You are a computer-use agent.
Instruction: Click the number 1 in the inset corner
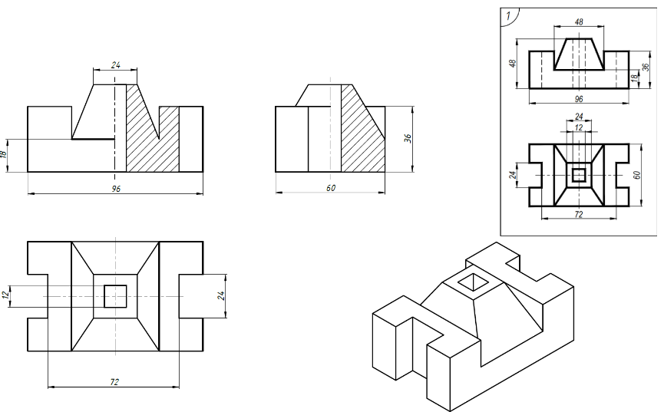[x=509, y=16]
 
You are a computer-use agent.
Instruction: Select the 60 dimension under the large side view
[x=331, y=187]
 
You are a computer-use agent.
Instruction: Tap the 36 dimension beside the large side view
[x=408, y=138]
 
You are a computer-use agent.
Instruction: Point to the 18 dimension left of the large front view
[x=5, y=154]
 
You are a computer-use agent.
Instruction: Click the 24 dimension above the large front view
[x=116, y=64]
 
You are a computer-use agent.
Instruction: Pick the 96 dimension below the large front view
[x=116, y=189]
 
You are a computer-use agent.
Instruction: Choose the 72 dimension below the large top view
[x=114, y=382]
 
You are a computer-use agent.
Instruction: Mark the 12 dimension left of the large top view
[x=5, y=295]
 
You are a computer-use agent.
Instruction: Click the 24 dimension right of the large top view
[x=221, y=295]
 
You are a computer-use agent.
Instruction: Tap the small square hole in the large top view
[x=115, y=296]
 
